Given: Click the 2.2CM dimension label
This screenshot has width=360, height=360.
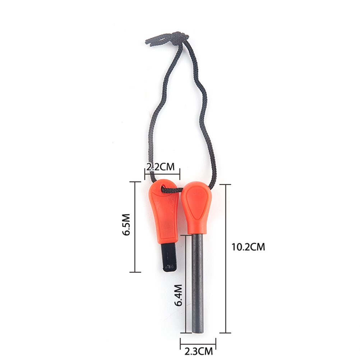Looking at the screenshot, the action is click(161, 167).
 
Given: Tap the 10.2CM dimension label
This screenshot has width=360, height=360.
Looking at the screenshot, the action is click(248, 247).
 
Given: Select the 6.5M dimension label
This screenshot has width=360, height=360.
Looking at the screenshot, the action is click(126, 225).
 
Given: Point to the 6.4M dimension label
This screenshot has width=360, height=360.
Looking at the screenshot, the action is click(179, 295).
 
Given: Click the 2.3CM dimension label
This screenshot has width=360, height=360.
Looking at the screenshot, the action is click(199, 351).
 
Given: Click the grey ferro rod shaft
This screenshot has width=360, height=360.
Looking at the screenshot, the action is click(198, 283).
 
